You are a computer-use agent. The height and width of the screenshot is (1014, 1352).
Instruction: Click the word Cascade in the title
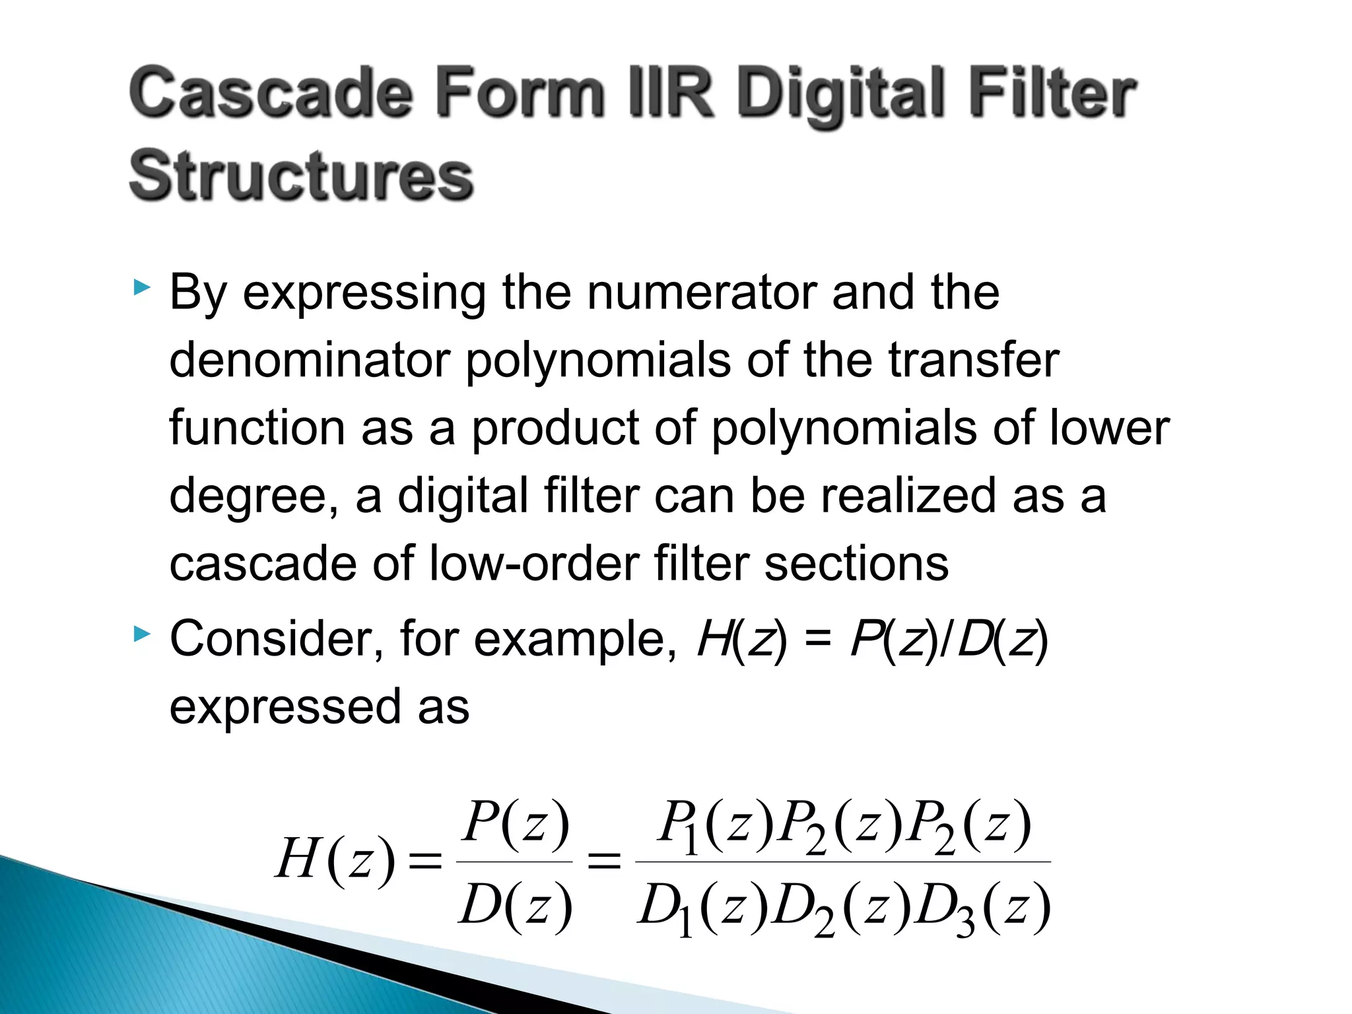point(271,94)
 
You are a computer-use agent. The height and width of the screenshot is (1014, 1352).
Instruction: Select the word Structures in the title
point(301,176)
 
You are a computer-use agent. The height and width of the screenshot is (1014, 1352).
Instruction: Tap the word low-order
point(533,564)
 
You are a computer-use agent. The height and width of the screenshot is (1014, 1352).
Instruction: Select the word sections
point(856,564)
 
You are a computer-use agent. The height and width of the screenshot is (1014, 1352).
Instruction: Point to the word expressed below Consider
point(284,708)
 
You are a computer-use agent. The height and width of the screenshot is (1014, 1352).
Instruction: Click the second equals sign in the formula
point(604,862)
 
